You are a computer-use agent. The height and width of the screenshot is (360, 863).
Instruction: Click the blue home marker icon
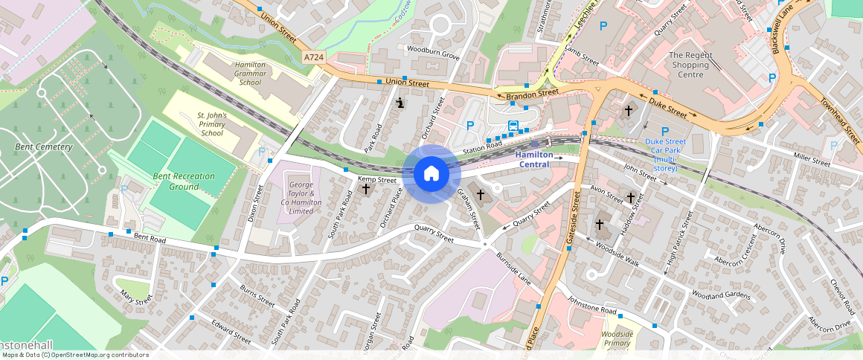pos(431,174)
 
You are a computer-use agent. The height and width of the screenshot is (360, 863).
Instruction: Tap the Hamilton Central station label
pos(534,159)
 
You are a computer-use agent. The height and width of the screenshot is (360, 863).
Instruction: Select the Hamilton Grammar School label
pos(246,74)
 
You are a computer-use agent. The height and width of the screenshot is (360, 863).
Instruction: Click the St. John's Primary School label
pos(211,124)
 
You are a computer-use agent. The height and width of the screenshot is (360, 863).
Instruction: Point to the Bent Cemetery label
pos(44,147)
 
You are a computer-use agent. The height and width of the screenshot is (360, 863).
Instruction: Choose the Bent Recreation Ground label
pos(184,181)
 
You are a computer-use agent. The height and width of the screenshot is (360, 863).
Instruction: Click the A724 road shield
pos(313,57)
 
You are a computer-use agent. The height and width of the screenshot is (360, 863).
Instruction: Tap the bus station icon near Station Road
pos(513,125)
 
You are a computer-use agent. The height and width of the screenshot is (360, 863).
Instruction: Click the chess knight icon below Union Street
pos(400,103)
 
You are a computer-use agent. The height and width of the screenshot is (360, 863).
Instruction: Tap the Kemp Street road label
pos(377,179)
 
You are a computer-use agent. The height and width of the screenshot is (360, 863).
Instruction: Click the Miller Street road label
pos(811,160)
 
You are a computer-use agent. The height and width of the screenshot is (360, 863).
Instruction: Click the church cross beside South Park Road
pos(365,189)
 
